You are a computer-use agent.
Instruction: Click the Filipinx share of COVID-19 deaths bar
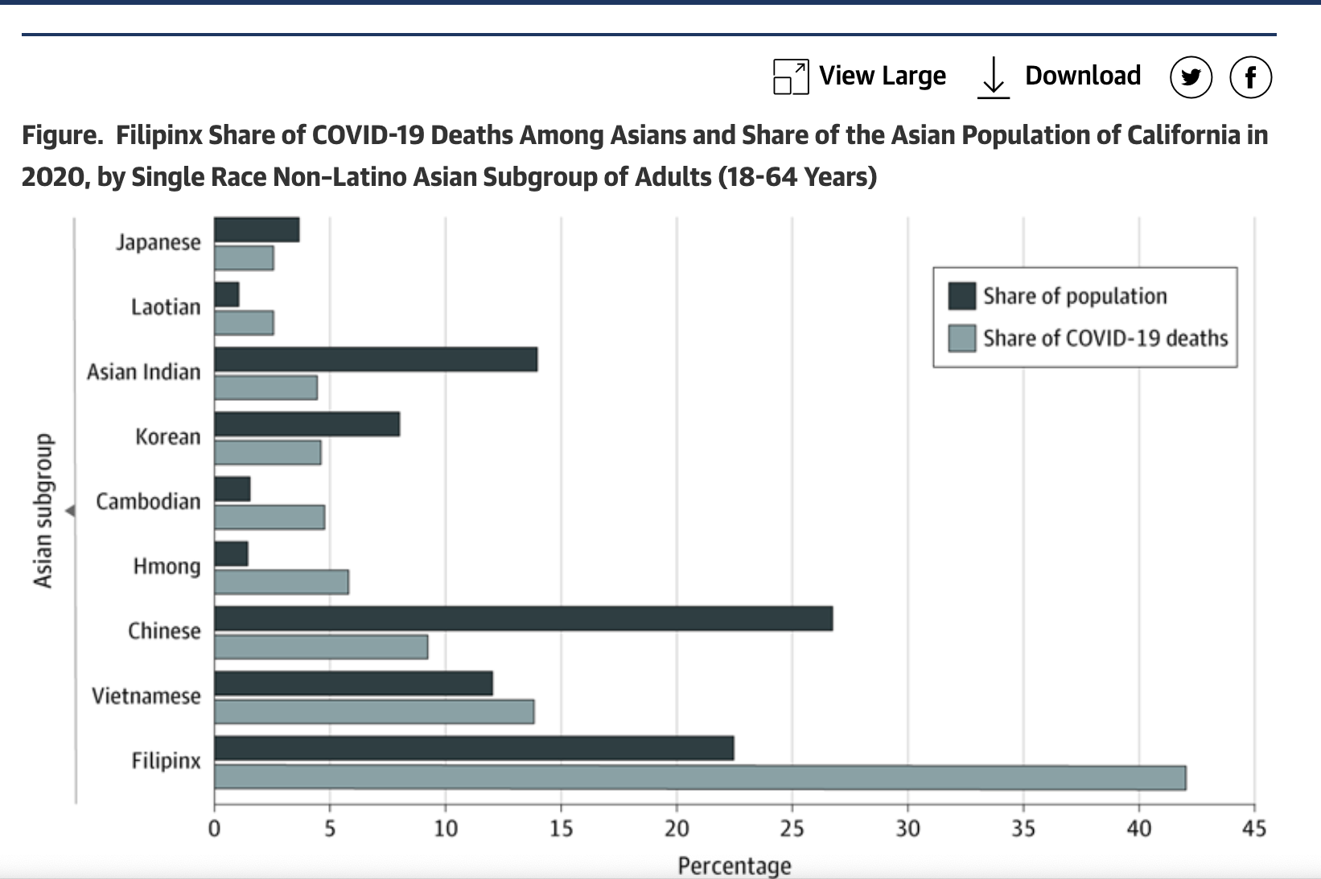[699, 778]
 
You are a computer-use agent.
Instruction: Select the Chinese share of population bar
[523, 618]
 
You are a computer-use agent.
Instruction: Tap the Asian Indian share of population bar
[376, 359]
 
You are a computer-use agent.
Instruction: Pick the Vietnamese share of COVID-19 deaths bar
[374, 712]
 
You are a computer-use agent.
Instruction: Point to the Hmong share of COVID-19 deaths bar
[282, 582]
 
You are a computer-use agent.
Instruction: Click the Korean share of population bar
[307, 424]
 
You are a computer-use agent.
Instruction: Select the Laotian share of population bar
[227, 295]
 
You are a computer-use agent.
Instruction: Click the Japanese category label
[158, 242]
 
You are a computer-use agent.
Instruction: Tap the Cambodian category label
[148, 501]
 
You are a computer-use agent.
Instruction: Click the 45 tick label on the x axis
[1253, 828]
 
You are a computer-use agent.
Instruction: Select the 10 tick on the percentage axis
[445, 828]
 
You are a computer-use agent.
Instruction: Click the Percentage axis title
[734, 866]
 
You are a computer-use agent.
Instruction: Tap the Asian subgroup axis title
[43, 510]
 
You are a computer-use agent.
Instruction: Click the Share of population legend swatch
[962, 296]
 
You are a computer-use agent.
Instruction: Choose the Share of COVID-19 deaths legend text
[1105, 338]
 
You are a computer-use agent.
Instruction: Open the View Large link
[882, 76]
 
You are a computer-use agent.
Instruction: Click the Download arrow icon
[994, 77]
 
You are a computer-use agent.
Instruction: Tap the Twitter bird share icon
[1191, 77]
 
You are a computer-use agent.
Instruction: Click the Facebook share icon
[1250, 77]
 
